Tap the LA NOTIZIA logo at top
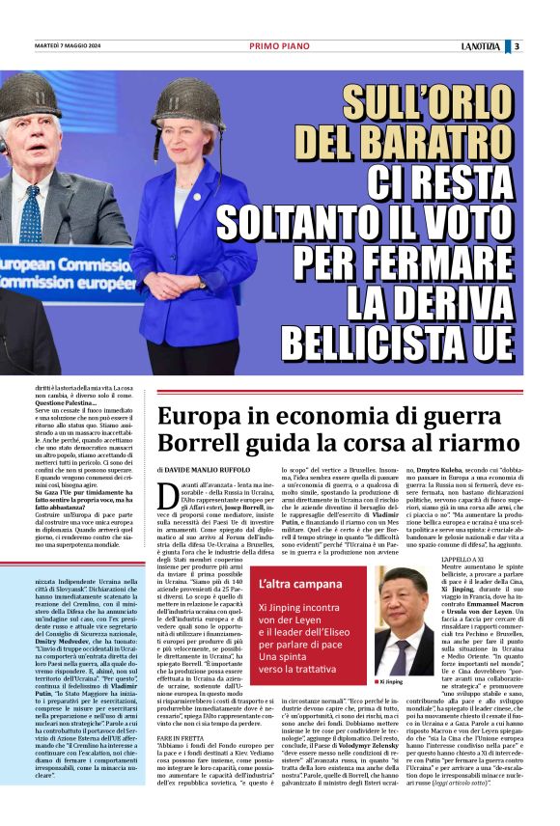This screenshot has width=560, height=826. (480, 45)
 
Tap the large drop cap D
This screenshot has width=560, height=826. (168, 497)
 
